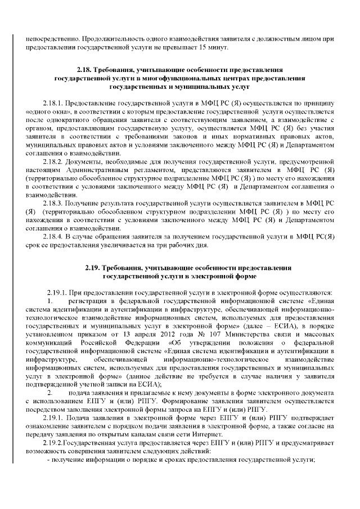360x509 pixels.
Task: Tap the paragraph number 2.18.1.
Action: pyautogui.click(x=54, y=104)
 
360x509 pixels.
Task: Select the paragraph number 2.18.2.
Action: pyautogui.click(x=54, y=160)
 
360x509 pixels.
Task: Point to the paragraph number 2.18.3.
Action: pyautogui.click(x=54, y=201)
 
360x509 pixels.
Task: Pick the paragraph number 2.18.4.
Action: pyautogui.click(x=54, y=237)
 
